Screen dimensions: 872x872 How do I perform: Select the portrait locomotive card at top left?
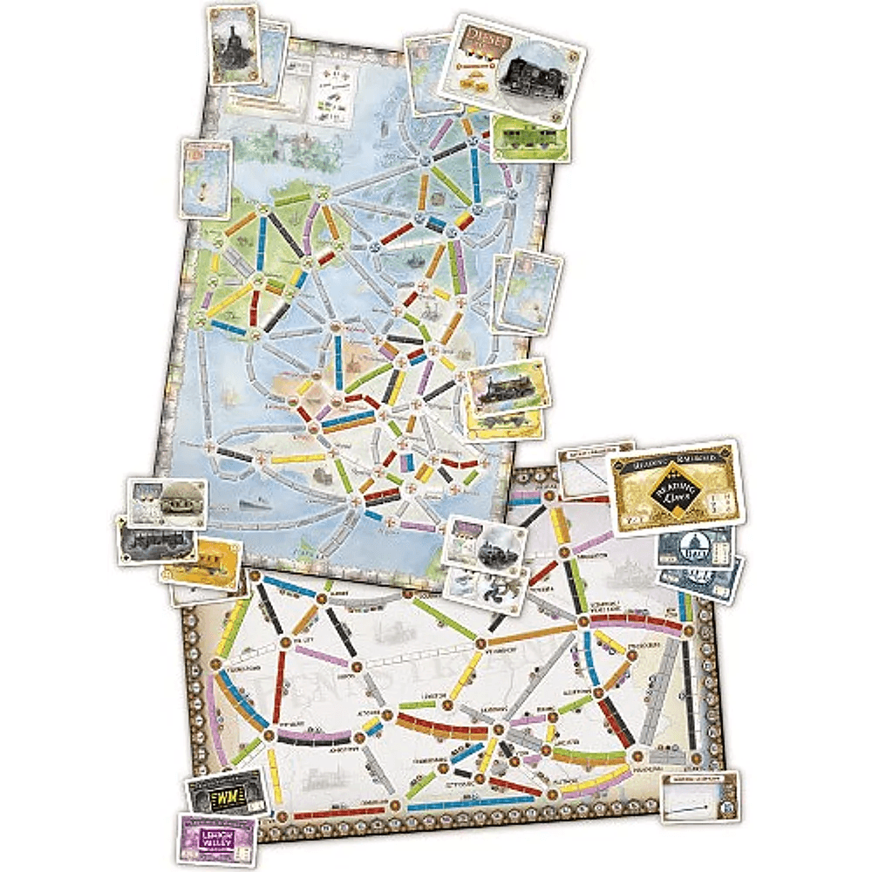click(234, 44)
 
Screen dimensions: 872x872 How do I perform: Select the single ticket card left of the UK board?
click(206, 177)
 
